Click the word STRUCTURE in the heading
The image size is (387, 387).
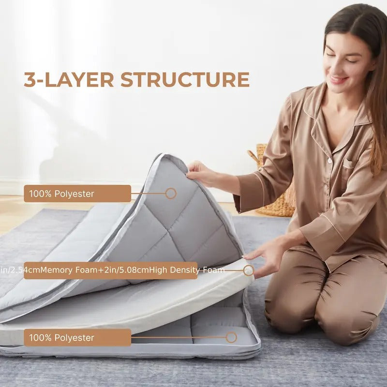(185, 80)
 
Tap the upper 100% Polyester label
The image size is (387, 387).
(77, 193)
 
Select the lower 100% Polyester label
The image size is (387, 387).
(77, 337)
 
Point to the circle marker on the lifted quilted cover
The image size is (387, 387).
(170, 193)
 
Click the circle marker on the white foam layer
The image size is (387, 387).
(248, 270)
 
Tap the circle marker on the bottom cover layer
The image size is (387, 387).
(231, 337)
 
